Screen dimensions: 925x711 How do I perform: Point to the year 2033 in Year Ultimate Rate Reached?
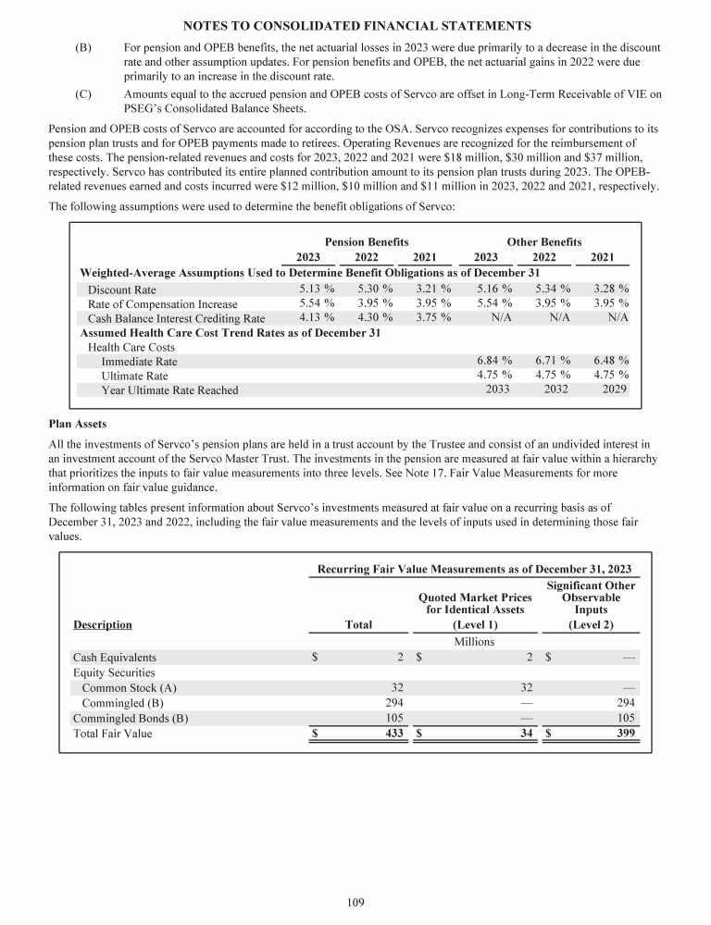point(499,389)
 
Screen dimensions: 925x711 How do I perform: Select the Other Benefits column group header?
point(544,241)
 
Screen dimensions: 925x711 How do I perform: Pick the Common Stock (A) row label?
point(129,687)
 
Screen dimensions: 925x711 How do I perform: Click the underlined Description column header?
point(102,624)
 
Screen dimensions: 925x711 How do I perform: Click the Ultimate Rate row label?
point(135,376)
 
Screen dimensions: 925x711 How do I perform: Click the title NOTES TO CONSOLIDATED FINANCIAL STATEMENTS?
point(355,23)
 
